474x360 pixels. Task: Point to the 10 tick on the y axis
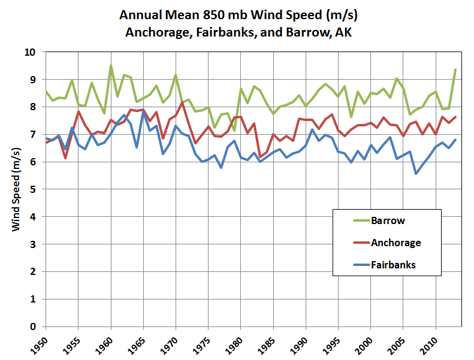point(31,52)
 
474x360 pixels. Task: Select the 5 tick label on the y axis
point(33,189)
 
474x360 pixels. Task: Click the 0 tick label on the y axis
point(33,326)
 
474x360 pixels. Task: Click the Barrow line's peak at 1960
point(111,65)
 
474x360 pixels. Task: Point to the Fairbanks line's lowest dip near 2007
point(416,174)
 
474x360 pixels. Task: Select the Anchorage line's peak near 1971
point(182,102)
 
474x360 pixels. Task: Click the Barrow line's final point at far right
point(455,69)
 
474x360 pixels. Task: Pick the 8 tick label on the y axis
point(33,107)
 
